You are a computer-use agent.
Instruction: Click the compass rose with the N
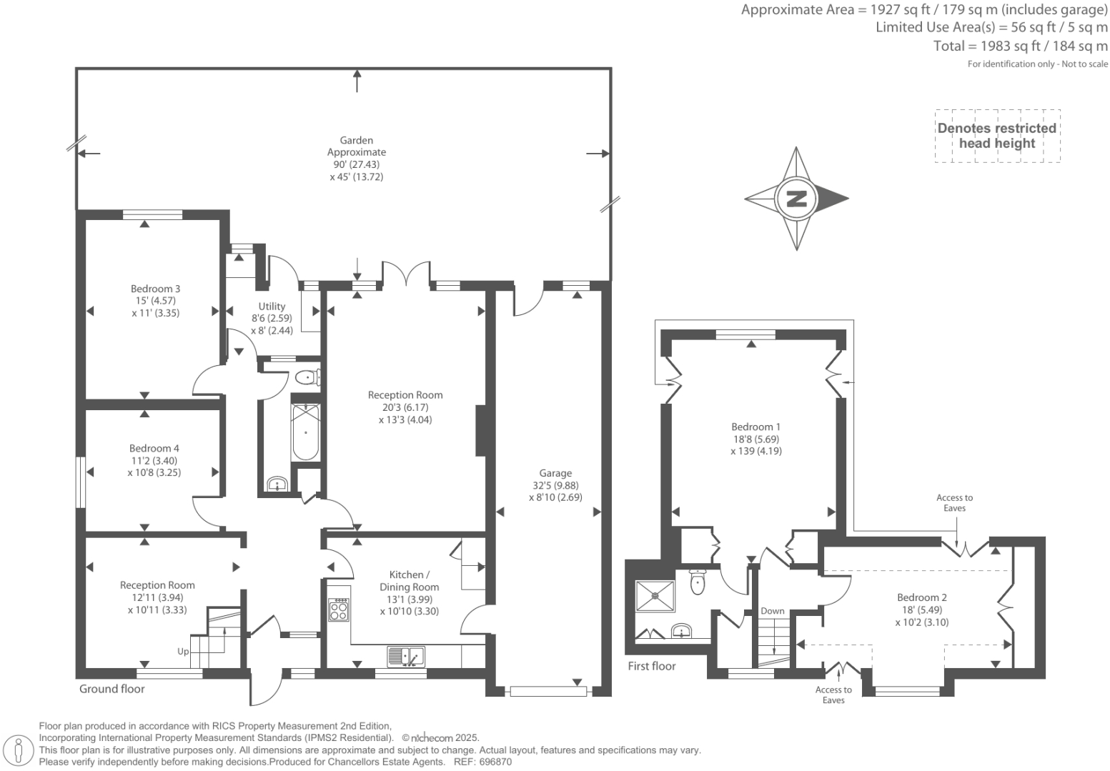click(x=796, y=199)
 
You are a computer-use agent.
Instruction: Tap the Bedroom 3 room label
click(x=155, y=301)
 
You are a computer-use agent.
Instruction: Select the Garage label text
click(x=555, y=473)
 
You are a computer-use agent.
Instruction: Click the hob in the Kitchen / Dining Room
click(x=339, y=610)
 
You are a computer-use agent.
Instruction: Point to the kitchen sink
click(x=405, y=655)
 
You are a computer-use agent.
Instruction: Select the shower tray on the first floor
click(x=655, y=596)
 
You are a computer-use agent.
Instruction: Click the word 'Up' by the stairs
click(x=184, y=652)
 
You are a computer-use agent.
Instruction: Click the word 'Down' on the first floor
click(x=773, y=611)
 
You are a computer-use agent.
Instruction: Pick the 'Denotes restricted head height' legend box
click(x=997, y=136)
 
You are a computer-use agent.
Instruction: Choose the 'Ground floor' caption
click(x=112, y=689)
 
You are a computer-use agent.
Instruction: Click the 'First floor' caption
click(x=652, y=666)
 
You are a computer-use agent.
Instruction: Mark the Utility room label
click(x=272, y=318)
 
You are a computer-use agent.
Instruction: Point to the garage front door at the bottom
click(x=548, y=691)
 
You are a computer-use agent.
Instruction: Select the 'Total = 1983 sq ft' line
click(x=1020, y=46)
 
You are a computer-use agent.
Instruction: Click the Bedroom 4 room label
click(x=154, y=460)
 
